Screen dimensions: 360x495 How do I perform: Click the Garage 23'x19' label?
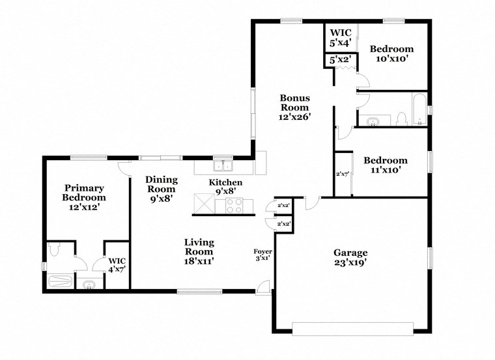click(x=351, y=258)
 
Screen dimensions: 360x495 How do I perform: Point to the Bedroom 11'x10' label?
click(x=386, y=165)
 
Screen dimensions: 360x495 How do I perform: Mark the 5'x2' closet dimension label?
click(x=341, y=60)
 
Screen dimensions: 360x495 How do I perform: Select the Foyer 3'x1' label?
click(x=263, y=254)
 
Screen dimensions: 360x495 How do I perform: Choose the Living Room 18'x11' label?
click(x=199, y=251)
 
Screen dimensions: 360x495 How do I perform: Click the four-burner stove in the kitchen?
click(x=234, y=206)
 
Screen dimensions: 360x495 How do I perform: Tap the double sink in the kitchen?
click(x=223, y=165)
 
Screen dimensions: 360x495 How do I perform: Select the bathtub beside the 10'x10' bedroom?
click(x=418, y=109)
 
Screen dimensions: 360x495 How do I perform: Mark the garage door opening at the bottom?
click(x=352, y=327)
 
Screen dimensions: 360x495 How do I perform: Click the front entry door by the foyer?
click(x=264, y=287)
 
